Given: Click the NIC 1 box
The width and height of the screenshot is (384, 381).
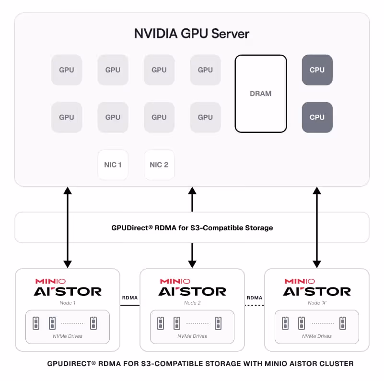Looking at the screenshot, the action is coord(113,165).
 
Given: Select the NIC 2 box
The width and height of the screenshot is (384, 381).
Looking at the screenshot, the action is coord(159,165).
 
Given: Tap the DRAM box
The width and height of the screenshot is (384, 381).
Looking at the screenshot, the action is coord(261,94).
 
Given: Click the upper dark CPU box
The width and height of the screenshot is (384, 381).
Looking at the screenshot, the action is coord(317,70).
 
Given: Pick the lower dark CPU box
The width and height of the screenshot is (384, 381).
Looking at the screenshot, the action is coord(317,117).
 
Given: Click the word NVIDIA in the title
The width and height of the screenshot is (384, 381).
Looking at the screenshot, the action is coord(156,34).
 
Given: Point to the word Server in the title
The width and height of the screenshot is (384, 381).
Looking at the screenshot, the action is coord(230,34).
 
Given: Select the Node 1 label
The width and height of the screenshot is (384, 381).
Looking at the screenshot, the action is coord(68,303).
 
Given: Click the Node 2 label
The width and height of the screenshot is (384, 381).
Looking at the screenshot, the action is coord(192,303).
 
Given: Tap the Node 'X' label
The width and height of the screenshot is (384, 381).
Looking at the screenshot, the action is coord(317,303).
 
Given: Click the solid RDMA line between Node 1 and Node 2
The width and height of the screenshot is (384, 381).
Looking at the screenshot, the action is coord(130,305).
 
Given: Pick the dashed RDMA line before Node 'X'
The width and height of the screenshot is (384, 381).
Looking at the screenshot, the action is coord(255,305).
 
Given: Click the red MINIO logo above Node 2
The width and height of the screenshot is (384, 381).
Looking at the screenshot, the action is coord(175,281).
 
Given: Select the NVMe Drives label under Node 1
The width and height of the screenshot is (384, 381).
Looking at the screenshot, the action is coord(68,336).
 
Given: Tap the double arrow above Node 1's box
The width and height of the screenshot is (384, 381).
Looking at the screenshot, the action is coord(68,227).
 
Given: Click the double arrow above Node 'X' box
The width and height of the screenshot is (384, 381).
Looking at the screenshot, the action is coord(317,227).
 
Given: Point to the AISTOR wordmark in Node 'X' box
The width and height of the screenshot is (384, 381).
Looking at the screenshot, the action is coord(317,292).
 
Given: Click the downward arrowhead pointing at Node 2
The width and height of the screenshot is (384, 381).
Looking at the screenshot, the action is coord(192,264).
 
